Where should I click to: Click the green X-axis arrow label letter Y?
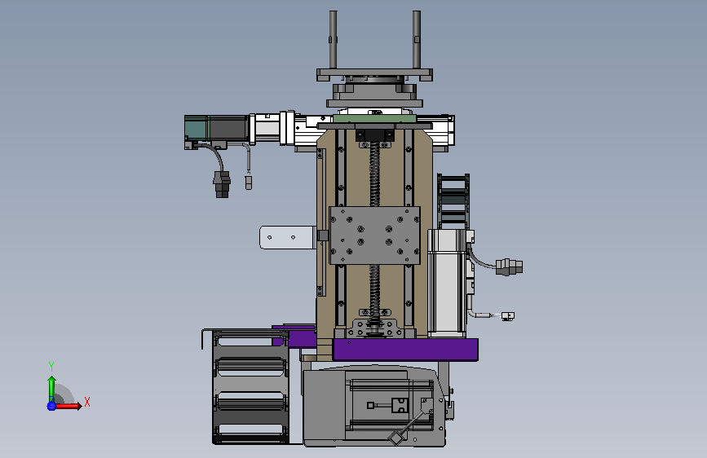pos(51,367)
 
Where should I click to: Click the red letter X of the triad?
pos(87,402)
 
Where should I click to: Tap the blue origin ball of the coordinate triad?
pos(51,406)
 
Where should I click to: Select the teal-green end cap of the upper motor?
pos(197,128)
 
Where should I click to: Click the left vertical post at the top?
pos(333,40)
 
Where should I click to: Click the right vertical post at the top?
pos(417,40)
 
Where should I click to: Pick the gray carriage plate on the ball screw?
pos(374,236)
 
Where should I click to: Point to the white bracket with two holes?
pos(287,237)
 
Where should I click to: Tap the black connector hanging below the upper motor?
pos(222,184)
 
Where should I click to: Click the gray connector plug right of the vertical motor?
pos(509,266)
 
